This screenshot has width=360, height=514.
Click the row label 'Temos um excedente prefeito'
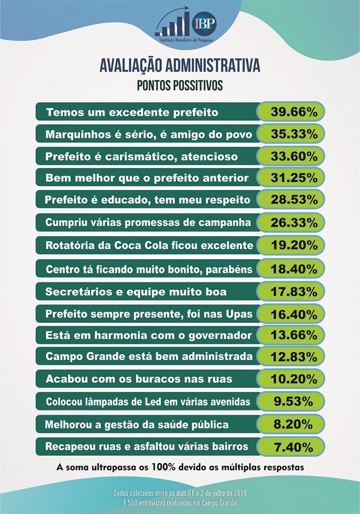click(132, 112)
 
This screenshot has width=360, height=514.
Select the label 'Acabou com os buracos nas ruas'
click(139, 379)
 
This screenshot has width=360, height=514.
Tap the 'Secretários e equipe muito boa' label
click(137, 292)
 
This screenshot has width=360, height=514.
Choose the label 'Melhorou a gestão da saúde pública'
click(137, 425)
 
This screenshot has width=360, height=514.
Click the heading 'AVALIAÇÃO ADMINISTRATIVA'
click(180, 66)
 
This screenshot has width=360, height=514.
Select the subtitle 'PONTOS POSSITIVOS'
click(180, 85)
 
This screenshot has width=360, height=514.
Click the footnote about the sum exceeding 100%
click(180, 467)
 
